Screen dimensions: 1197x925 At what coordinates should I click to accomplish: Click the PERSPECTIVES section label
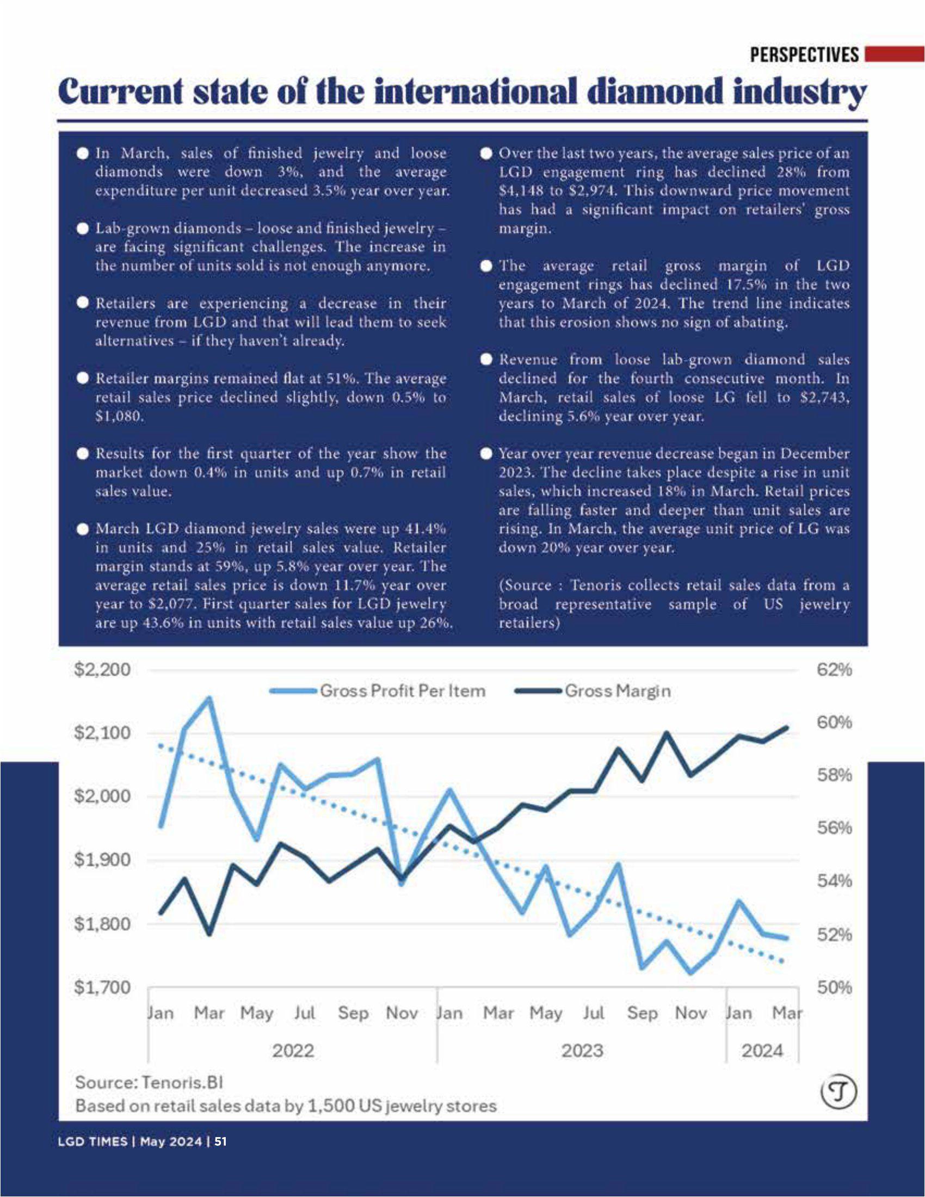click(804, 55)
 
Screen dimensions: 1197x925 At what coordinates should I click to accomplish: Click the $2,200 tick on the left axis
click(102, 670)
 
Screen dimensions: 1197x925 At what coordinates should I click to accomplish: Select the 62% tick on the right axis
click(835, 670)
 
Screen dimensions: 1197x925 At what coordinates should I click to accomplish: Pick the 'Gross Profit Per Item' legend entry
click(402, 690)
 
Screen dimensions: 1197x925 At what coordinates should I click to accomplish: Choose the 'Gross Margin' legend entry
click(617, 690)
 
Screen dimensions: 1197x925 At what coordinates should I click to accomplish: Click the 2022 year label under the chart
click(293, 1051)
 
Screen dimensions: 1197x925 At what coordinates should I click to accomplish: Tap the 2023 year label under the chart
click(582, 1051)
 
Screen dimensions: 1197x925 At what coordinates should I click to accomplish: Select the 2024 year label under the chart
click(762, 1051)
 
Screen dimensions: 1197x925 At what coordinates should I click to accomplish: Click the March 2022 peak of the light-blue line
click(209, 699)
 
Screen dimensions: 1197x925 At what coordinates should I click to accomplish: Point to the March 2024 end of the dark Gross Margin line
click(787, 728)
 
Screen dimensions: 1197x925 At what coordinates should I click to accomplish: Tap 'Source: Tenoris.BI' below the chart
click(149, 1082)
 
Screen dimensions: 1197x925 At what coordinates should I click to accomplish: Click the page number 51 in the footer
click(220, 1142)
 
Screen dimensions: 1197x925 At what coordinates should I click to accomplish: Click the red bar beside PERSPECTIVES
click(894, 54)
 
